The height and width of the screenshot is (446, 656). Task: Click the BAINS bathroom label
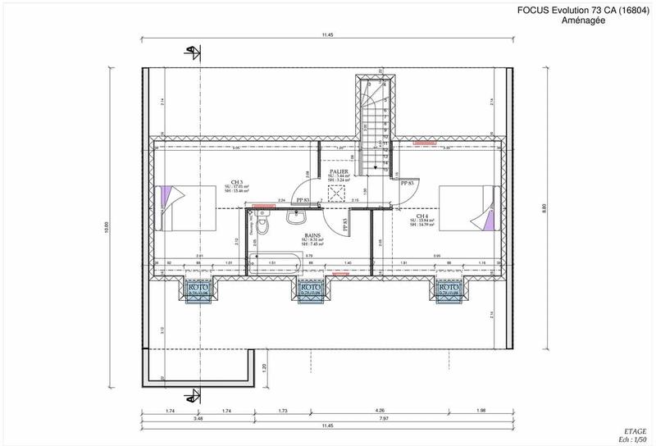click(x=312, y=234)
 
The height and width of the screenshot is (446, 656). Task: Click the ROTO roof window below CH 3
click(x=198, y=290)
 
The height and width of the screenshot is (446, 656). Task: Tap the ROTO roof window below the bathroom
click(x=310, y=290)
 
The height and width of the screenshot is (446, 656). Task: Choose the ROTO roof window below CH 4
click(x=448, y=290)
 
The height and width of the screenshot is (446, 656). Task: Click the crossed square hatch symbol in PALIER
click(x=335, y=193)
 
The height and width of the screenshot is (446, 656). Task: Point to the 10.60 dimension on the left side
click(x=107, y=231)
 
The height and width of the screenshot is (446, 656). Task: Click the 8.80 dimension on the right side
click(x=544, y=210)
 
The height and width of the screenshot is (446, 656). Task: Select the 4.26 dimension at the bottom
click(x=402, y=408)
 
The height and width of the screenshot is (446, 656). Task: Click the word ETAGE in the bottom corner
click(x=635, y=430)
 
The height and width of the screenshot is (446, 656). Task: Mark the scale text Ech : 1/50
click(x=631, y=439)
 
